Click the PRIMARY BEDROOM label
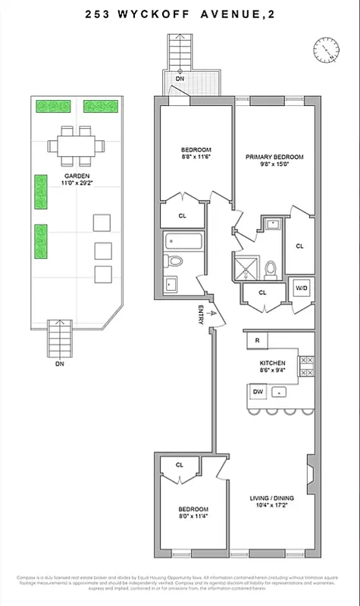(x=274, y=157)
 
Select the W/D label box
(x=300, y=288)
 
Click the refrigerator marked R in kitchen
(x=258, y=341)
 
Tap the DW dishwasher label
(x=258, y=392)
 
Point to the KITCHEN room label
(x=272, y=363)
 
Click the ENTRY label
(x=201, y=317)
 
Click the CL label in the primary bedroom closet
(x=299, y=246)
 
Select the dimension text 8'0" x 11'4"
(x=188, y=517)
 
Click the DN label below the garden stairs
(x=60, y=363)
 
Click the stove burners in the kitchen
(x=306, y=366)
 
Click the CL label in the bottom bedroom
(x=180, y=465)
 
